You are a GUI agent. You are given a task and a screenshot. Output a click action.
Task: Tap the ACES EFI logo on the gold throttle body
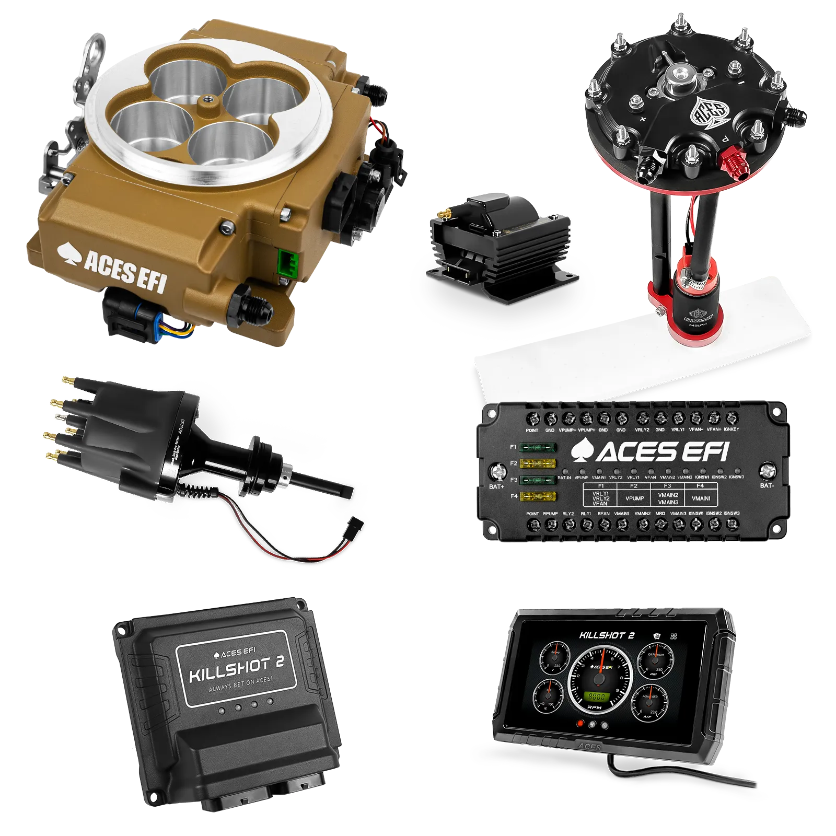(x=112, y=266)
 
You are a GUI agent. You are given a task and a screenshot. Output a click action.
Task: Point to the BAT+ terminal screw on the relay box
(x=496, y=472)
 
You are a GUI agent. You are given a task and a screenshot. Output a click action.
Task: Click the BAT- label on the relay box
(x=767, y=485)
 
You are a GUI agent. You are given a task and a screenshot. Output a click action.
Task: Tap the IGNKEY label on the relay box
(x=731, y=429)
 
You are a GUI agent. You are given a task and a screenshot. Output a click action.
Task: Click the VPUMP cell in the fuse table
(x=634, y=498)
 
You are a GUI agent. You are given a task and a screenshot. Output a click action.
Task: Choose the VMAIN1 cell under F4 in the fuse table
(x=701, y=498)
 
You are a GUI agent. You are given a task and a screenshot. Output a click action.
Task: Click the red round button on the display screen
(x=579, y=724)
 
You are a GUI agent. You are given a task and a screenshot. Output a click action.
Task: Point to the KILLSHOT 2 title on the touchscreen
(x=606, y=635)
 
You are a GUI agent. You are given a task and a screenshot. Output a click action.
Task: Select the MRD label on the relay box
(x=660, y=514)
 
